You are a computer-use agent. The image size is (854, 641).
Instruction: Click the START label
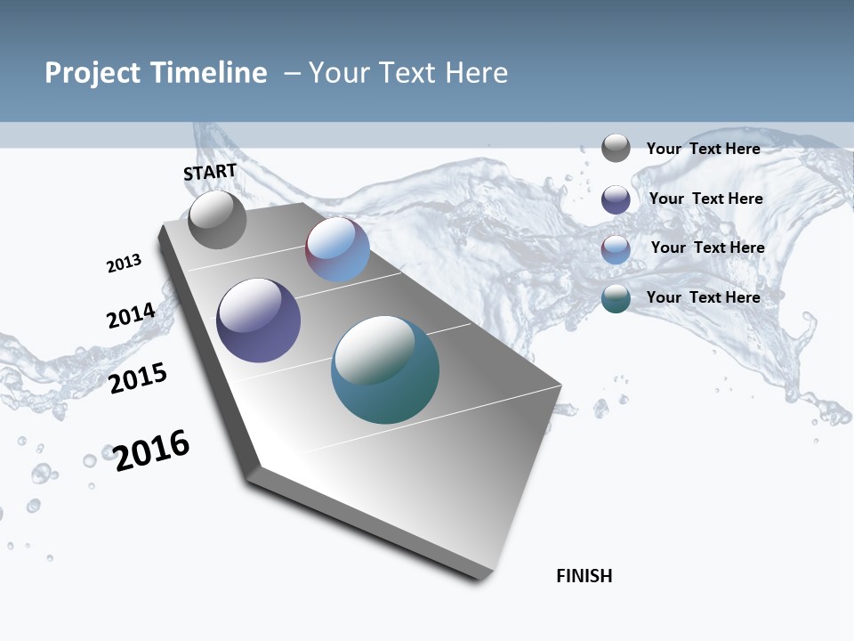pyautogui.click(x=210, y=172)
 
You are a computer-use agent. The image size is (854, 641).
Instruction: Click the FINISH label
pyautogui.click(x=584, y=576)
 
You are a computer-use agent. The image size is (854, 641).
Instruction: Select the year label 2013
pyautogui.click(x=124, y=264)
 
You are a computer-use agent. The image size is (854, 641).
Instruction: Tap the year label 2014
pyautogui.click(x=131, y=315)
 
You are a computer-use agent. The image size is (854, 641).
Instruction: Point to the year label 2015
pyautogui.click(x=138, y=378)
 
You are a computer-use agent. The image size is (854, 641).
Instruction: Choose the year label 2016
pyautogui.click(x=152, y=450)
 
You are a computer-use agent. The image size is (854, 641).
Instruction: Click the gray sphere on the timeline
pyautogui.click(x=217, y=220)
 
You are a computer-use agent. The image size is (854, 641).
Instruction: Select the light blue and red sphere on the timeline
pyautogui.click(x=337, y=249)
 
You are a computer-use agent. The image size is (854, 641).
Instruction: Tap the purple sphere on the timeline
pyautogui.click(x=258, y=320)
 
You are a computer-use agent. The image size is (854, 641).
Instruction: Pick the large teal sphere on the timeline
pyautogui.click(x=385, y=369)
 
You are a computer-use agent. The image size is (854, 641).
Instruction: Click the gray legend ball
pyautogui.click(x=616, y=148)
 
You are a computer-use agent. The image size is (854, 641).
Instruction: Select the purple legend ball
pyautogui.click(x=616, y=199)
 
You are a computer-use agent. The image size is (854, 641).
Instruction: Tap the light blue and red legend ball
pyautogui.click(x=616, y=249)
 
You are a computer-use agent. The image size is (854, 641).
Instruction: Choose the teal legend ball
pyautogui.click(x=616, y=298)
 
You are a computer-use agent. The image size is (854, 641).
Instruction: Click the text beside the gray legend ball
pyautogui.click(x=703, y=149)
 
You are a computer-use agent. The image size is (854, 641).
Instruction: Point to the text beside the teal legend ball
pyautogui.click(x=703, y=297)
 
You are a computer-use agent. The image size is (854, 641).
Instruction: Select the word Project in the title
pyautogui.click(x=92, y=73)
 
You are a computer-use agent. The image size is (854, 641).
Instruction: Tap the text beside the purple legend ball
pyautogui.click(x=705, y=199)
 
